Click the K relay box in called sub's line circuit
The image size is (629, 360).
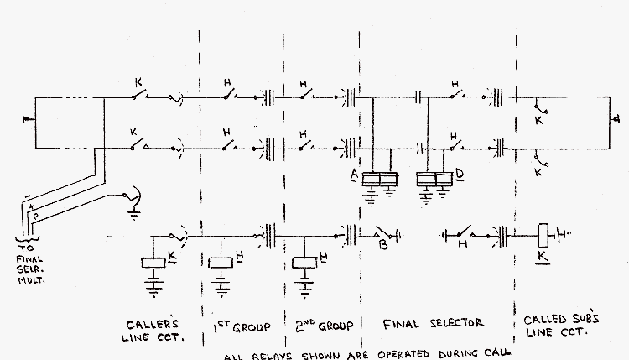click(543, 234)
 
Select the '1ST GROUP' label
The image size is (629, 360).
click(239, 322)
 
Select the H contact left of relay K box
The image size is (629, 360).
click(463, 234)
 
